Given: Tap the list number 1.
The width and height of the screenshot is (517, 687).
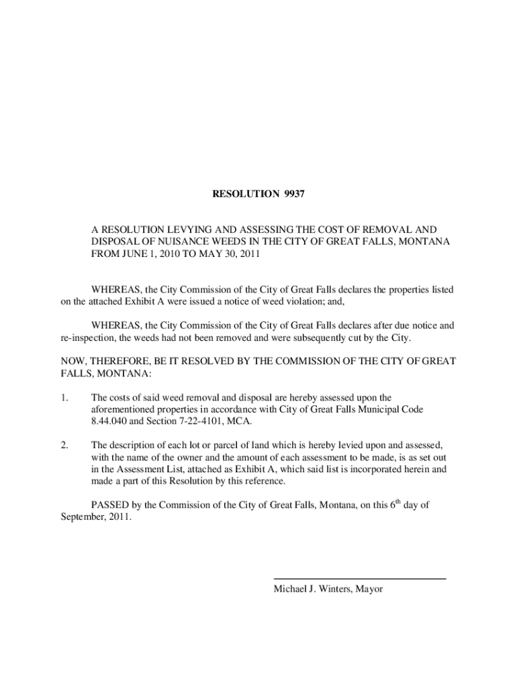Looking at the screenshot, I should coord(64,397).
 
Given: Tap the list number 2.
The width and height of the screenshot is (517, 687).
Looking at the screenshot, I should coord(64,445).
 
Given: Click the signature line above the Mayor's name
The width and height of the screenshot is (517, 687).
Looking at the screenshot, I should coord(359,578).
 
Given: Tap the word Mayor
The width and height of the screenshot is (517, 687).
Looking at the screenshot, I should coord(369,589).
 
